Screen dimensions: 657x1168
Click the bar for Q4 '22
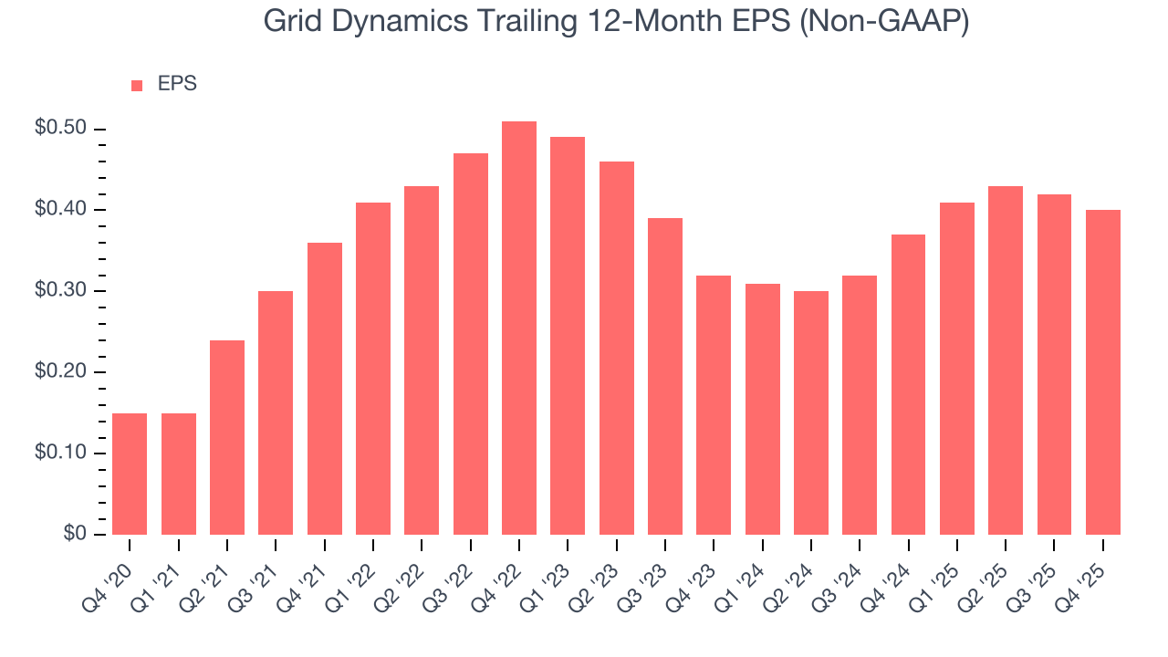pos(519,328)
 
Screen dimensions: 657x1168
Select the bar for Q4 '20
pos(130,474)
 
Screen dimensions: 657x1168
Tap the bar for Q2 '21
pos(227,437)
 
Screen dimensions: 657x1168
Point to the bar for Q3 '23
pos(665,376)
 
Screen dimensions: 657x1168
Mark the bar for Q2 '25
pos(1006,360)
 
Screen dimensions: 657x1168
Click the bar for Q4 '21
pos(325,389)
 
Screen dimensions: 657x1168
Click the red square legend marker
pos(137,85)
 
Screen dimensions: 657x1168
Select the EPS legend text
pos(177,84)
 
